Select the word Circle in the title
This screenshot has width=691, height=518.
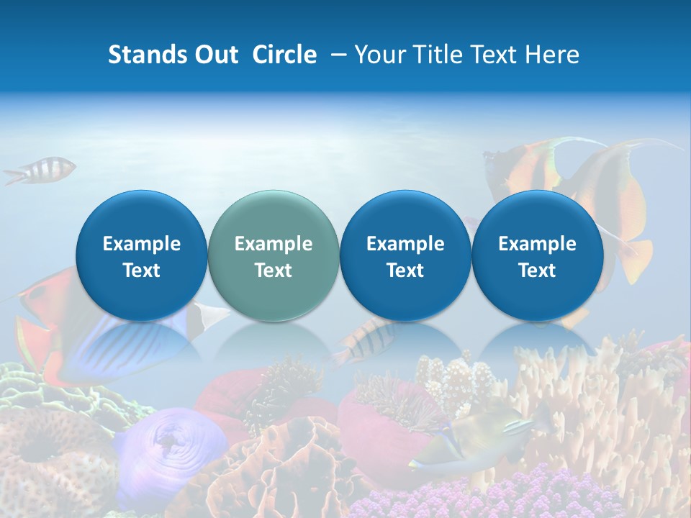pos(284,55)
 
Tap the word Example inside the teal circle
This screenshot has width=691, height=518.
pos(274,244)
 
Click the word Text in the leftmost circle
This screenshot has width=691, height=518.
pos(142,271)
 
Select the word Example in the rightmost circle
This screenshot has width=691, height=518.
pos(538,244)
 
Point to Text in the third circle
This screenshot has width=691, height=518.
pos(405,271)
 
